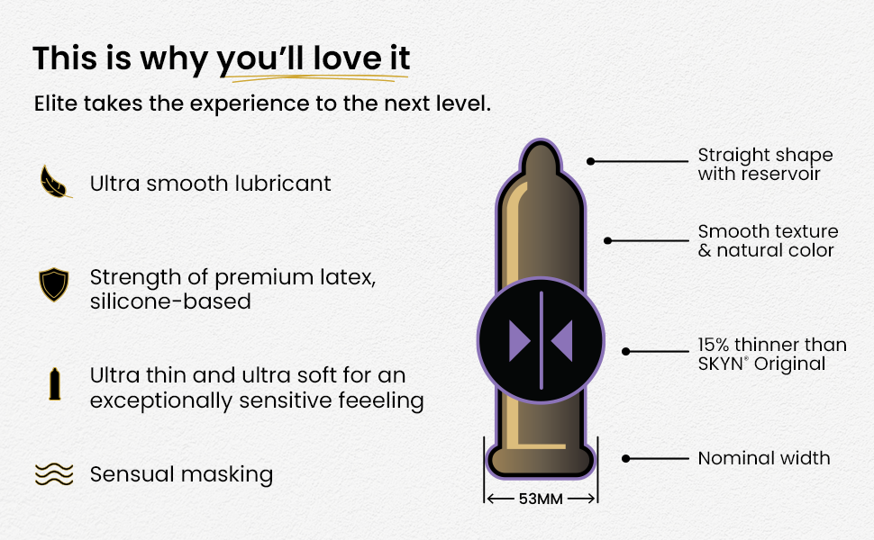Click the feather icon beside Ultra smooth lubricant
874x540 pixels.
point(55,182)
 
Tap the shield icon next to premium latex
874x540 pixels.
point(53,284)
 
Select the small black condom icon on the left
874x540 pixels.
point(55,384)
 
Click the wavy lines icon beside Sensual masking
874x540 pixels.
point(54,474)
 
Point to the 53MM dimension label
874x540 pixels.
point(541,499)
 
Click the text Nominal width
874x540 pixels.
point(764,458)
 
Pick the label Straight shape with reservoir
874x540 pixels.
point(765,164)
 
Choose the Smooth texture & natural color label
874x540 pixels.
point(768,240)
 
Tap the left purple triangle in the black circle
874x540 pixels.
point(519,341)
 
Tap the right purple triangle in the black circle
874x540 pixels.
point(562,341)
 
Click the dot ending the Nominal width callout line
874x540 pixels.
point(626,459)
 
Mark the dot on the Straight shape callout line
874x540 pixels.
point(591,161)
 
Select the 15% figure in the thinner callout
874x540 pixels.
point(715,346)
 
